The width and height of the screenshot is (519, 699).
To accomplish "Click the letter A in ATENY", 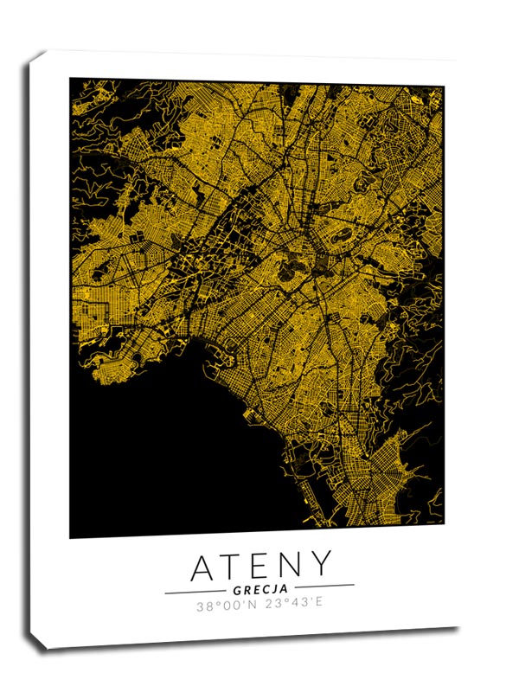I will [205, 566].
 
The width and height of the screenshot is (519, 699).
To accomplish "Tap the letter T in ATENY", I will [234, 566].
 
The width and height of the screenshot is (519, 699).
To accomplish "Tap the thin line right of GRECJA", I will [324, 586].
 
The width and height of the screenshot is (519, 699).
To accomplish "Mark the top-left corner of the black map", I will [71, 80].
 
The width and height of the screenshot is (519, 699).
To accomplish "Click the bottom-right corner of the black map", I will [444, 524].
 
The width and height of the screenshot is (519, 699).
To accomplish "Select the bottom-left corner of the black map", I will [71, 537].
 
